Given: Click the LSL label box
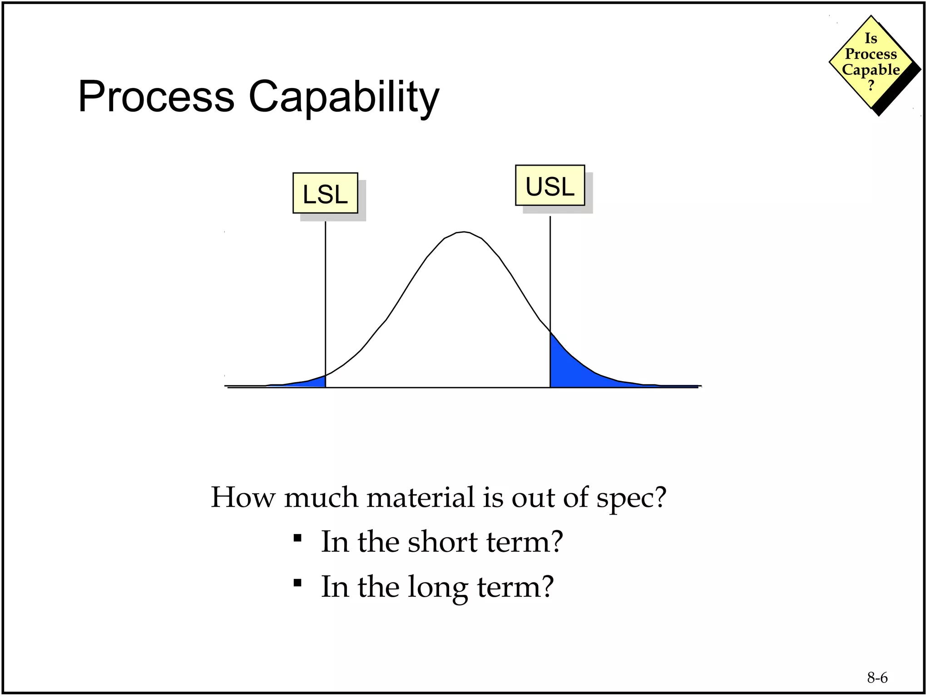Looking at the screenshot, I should pos(325,193).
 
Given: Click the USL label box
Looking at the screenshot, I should pos(550,186).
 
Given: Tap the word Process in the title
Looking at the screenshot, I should pos(156,97).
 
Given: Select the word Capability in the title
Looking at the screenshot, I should pos(344,97).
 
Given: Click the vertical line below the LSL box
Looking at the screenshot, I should pos(326,295).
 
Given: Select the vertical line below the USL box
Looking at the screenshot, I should pos(550,272).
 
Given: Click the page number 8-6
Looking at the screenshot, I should pos(877,677).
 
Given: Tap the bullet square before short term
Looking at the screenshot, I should pos(297,538).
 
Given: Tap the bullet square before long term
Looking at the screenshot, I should pos(297,583).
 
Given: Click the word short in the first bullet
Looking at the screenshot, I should pos(442,542).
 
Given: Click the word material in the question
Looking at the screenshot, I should pos(420,497).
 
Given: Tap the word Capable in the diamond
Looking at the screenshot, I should pos(871,70).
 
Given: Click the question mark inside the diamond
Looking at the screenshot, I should pos(871,85).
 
